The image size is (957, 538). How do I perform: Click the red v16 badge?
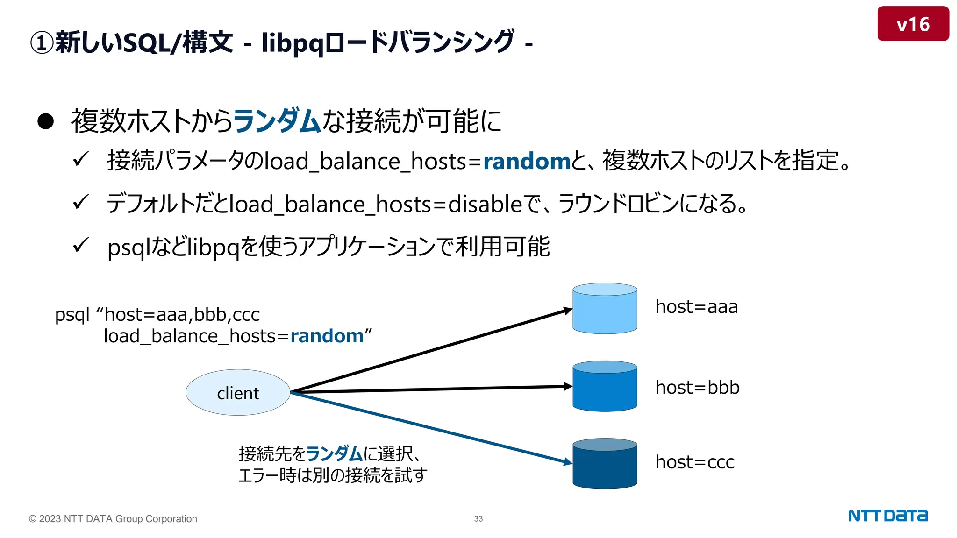coord(913,24)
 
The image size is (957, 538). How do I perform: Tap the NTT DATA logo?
coord(887,516)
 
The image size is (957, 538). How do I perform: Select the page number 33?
coord(478,518)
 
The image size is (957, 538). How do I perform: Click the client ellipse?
coord(238,393)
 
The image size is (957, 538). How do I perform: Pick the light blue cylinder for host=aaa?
coord(605,309)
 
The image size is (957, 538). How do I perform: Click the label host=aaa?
coord(696,307)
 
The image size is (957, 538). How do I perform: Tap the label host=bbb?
coord(697,388)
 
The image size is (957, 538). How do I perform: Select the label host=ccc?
coord(695,462)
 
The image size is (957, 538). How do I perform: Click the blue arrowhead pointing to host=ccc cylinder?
coord(567,462)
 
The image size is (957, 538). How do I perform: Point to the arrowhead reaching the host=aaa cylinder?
coord(567,310)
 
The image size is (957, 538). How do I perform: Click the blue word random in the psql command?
coord(327,336)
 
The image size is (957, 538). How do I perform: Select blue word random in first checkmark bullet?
coord(527,161)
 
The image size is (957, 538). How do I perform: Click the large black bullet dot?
coord(46,121)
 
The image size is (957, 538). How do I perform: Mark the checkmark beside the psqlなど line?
coord(81,245)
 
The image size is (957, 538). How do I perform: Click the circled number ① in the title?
coord(42,43)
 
